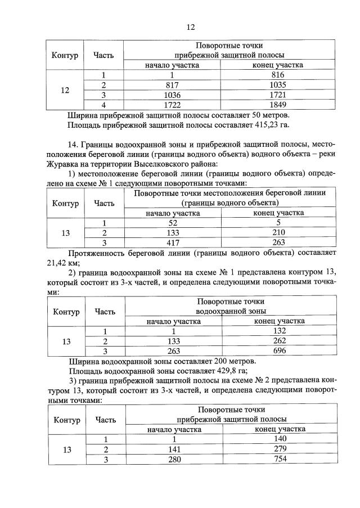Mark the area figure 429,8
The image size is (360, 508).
(x=219, y=371)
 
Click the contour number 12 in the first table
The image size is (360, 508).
(x=65, y=89)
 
